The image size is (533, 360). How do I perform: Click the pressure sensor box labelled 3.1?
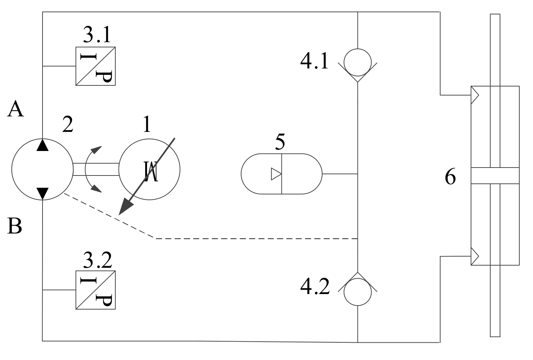tap(96, 66)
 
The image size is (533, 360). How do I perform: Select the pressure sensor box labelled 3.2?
tap(96, 290)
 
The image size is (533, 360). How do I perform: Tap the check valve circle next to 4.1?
tap(357, 62)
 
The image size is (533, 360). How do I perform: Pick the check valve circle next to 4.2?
tap(357, 292)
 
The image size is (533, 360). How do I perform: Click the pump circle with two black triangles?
tap(43, 169)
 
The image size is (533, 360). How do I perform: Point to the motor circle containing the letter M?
tap(149, 169)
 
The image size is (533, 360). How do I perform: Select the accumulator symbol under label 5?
tap(281, 174)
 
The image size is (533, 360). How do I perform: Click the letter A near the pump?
tap(15, 109)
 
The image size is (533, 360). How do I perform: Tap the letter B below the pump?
tap(14, 227)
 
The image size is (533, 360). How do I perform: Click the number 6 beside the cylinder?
tap(450, 177)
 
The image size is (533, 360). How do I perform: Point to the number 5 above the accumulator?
tap(280, 142)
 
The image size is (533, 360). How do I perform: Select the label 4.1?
tap(314, 61)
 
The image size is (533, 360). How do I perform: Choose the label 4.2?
tap(315, 287)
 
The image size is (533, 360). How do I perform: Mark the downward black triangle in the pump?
tap(43, 193)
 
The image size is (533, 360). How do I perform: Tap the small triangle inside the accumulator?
tap(276, 174)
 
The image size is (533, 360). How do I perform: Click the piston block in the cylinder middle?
tap(495, 176)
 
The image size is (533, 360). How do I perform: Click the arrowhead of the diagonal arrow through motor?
tap(125, 207)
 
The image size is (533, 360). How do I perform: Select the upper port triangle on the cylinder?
tap(475, 95)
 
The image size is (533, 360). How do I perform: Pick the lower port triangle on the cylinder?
tap(475, 256)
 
